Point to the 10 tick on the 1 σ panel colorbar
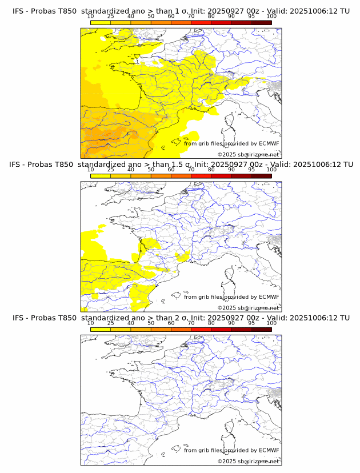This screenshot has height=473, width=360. (x=91, y=16)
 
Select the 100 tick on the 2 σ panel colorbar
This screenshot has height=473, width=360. (x=271, y=323)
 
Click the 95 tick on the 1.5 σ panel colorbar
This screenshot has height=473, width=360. (x=251, y=170)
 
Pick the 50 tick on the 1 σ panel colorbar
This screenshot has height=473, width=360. (x=151, y=16)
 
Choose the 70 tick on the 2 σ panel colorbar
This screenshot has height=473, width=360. (x=191, y=323)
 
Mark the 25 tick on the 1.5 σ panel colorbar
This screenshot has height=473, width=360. (x=111, y=170)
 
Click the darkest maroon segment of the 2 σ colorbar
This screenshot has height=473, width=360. (x=261, y=329)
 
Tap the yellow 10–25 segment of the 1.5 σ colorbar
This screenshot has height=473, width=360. (x=101, y=176)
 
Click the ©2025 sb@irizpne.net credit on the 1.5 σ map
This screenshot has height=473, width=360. (x=248, y=307)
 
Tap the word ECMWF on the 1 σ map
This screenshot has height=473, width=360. (x=269, y=143)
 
